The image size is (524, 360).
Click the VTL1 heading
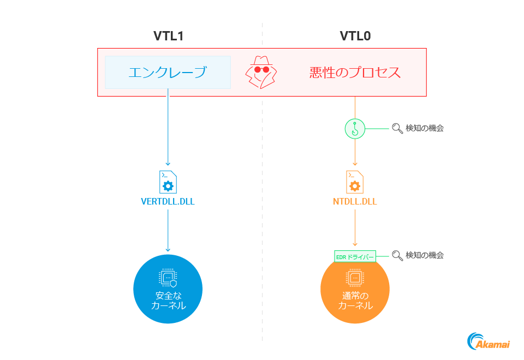coord(168,37)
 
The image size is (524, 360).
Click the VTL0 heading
coord(355,37)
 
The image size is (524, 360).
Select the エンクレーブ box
coord(168,72)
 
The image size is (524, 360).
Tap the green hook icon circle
coord(355,129)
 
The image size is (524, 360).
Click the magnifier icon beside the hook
coord(397,129)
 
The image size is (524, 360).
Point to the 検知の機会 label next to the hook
coord(424,129)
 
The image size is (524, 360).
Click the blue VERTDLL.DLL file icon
coord(168,182)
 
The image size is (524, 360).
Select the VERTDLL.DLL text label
coord(168,201)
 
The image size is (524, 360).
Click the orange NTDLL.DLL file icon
coord(355,182)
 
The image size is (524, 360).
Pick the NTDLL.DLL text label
coord(355,201)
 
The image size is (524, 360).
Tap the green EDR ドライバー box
coord(355,255)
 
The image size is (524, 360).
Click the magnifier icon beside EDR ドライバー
coord(397,255)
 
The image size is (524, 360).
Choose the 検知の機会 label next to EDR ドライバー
coord(424,255)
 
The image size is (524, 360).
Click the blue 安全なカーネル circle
coord(168,289)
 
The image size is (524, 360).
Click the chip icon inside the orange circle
coord(355,278)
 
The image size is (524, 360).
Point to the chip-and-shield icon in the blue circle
coord(168,278)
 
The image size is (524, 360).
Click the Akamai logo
coord(488,341)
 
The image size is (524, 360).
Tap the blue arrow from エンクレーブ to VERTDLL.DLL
coord(168,131)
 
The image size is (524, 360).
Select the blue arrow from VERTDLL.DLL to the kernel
coord(168,229)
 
